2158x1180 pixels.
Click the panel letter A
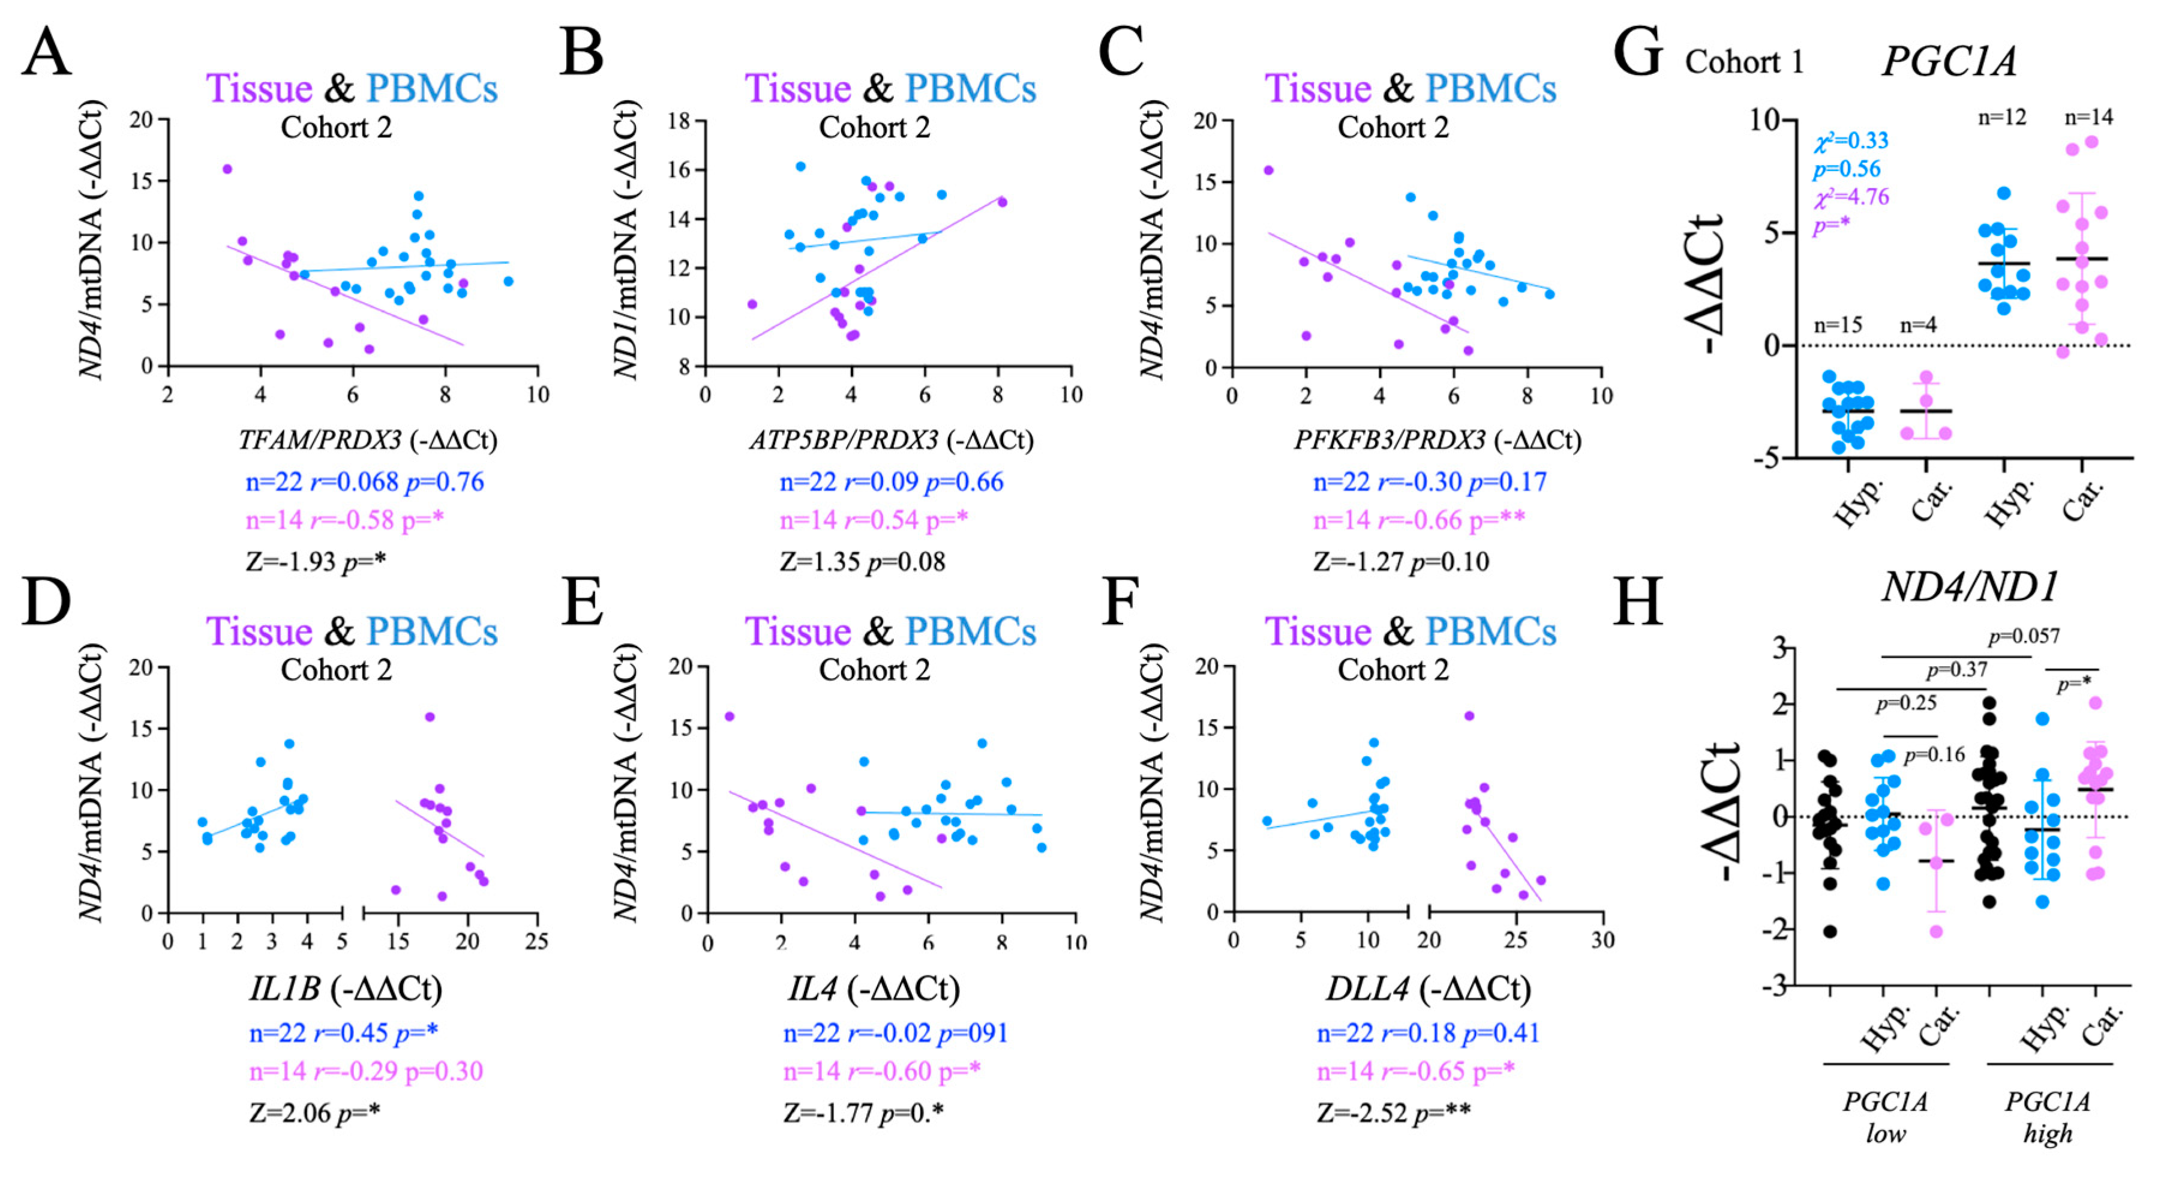[x=46, y=52]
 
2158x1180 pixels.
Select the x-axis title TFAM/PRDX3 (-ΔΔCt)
[x=368, y=439]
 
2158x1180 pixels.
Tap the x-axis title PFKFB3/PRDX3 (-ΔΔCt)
[x=1437, y=439]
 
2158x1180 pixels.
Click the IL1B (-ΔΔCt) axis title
[x=345, y=989]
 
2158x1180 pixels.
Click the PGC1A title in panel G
[x=1949, y=61]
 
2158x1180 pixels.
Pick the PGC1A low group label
[x=1885, y=1117]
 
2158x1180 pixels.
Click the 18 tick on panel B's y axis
[x=679, y=121]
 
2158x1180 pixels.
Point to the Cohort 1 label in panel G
[x=1744, y=62]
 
